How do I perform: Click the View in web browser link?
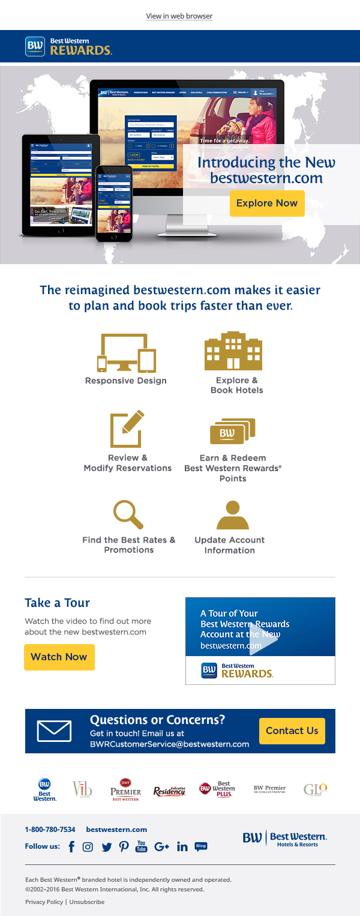point(179,16)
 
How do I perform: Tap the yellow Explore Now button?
point(267,203)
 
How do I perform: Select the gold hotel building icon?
point(233,351)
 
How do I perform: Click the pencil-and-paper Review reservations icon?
point(128,429)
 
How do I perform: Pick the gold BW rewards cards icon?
point(233,432)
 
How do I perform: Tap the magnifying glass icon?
point(128,514)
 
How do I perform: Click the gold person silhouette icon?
point(233,514)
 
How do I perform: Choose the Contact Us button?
point(292,731)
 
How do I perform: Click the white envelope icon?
point(54,731)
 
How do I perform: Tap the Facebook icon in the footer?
point(71,846)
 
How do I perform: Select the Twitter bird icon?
point(107,847)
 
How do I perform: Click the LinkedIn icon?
point(182,846)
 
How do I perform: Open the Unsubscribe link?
point(87,902)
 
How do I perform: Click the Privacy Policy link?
point(44,902)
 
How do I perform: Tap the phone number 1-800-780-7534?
point(50,830)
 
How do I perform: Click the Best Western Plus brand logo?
point(217,789)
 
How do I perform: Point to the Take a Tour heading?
point(57,603)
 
